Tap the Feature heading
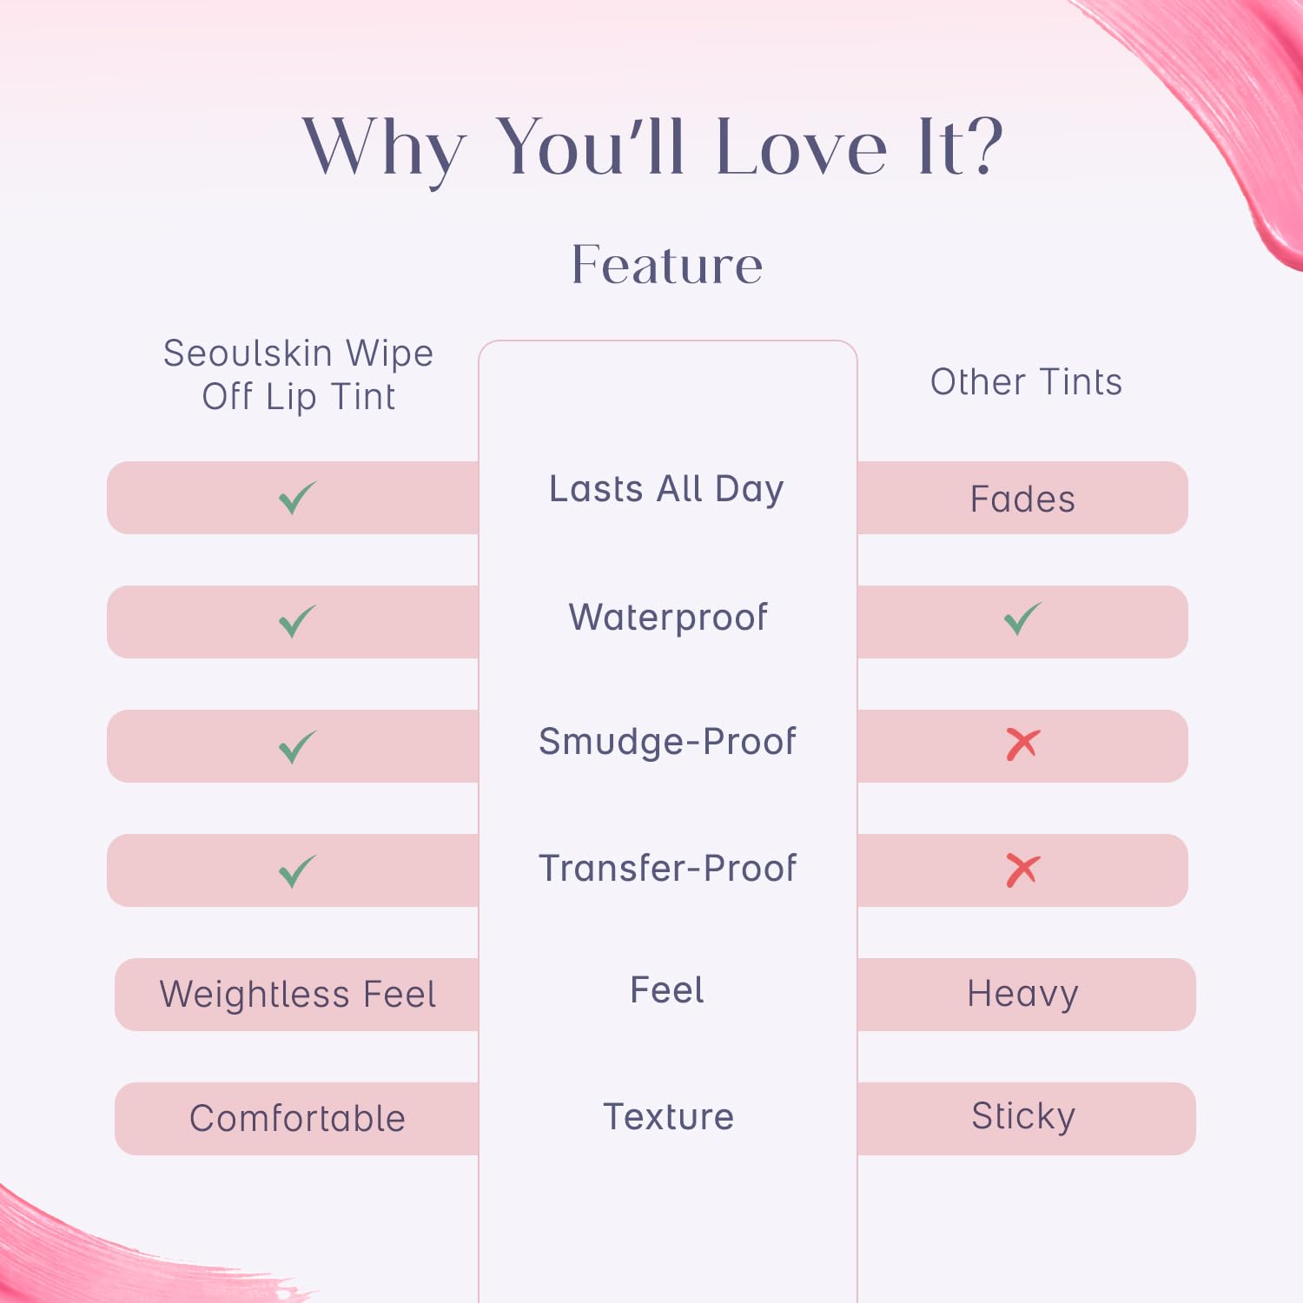coord(667,264)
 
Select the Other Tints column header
coord(1026,382)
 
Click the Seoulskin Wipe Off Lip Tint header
coord(298,375)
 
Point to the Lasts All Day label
coord(666,489)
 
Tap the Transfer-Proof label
coord(667,868)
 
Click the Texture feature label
coord(668,1117)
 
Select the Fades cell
coord(1022,499)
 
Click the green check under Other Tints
coord(1022,618)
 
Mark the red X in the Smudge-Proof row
coord(1022,744)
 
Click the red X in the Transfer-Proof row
coord(1022,870)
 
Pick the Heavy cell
coord(1022,995)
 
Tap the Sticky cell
coord(1023,1117)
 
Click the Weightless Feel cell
coord(298,995)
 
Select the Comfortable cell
coord(298,1119)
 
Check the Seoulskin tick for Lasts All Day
coord(297,498)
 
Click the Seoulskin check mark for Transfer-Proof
coord(297,871)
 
